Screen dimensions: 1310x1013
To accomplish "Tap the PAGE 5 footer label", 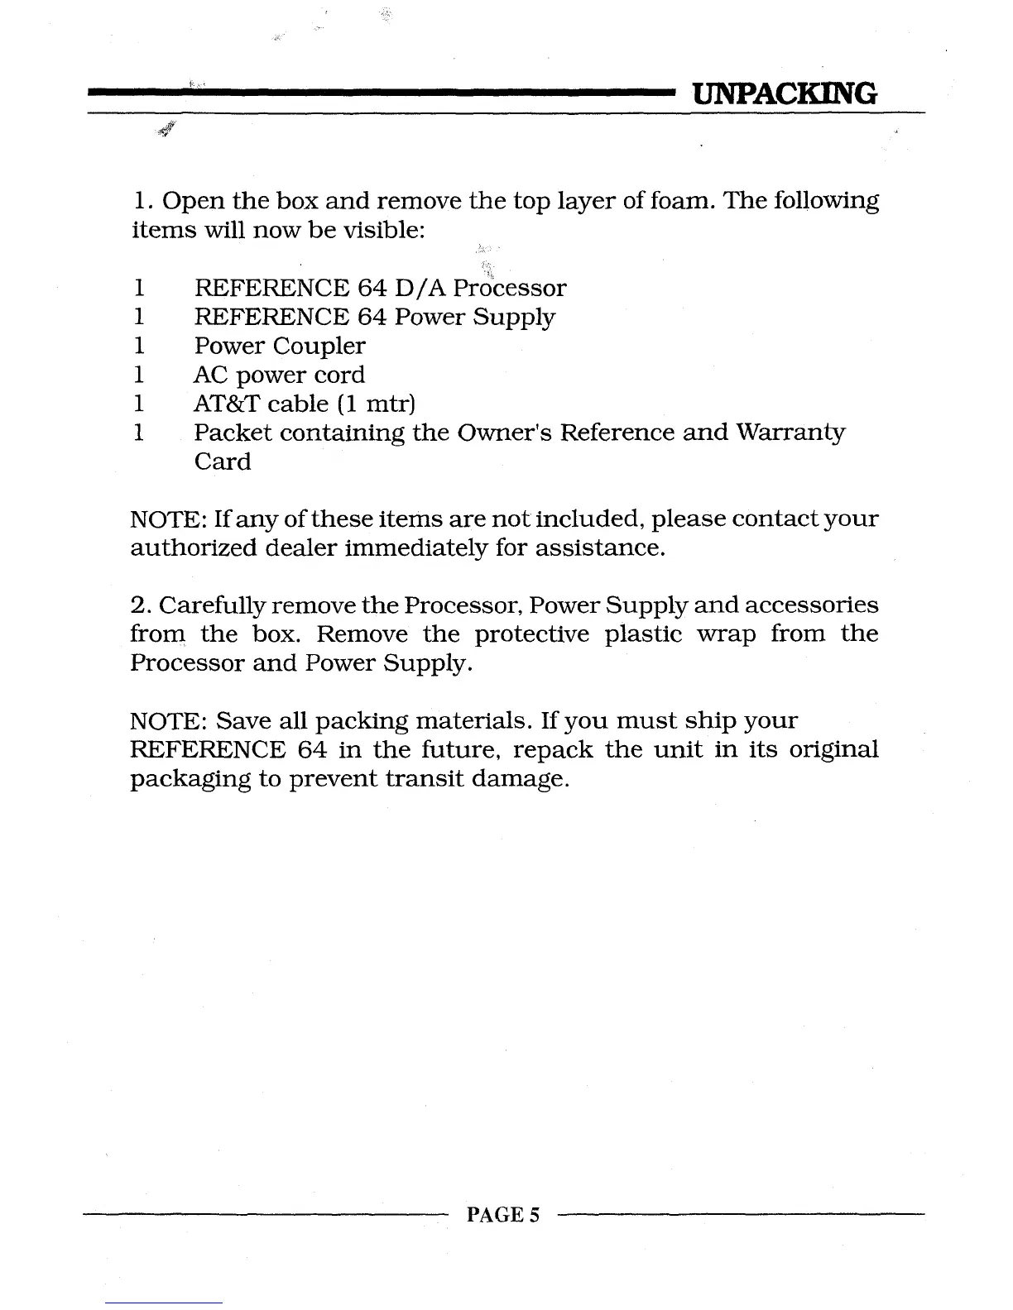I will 503,1214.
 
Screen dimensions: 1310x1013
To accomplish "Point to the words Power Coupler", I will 280,346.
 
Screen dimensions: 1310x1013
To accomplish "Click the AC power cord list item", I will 279,375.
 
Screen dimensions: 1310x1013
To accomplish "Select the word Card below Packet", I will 223,461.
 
